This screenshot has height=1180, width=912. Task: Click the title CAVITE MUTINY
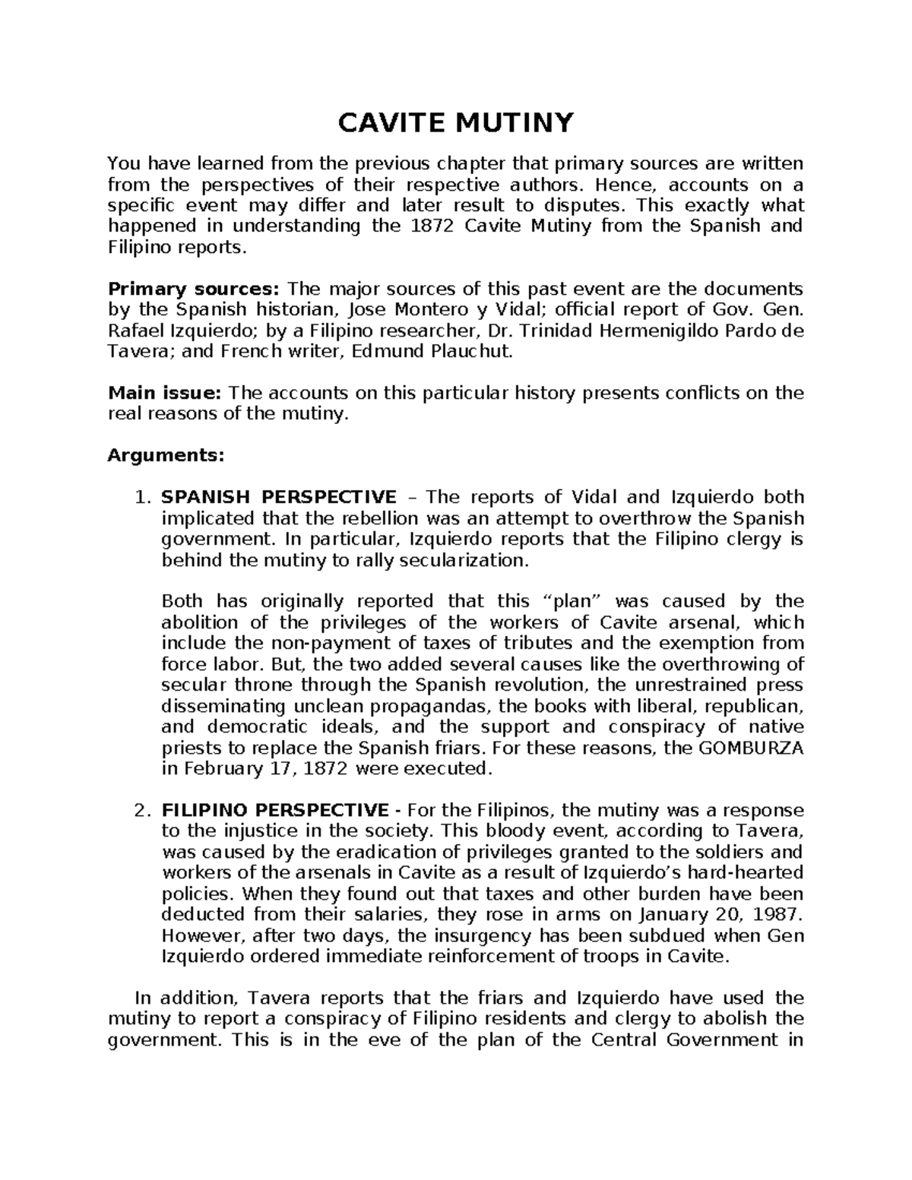pos(455,122)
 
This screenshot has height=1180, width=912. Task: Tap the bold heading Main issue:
pos(164,393)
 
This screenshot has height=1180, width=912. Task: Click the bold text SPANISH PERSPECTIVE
pos(277,497)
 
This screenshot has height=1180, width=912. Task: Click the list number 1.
pos(139,497)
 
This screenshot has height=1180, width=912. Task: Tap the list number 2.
pos(139,810)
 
